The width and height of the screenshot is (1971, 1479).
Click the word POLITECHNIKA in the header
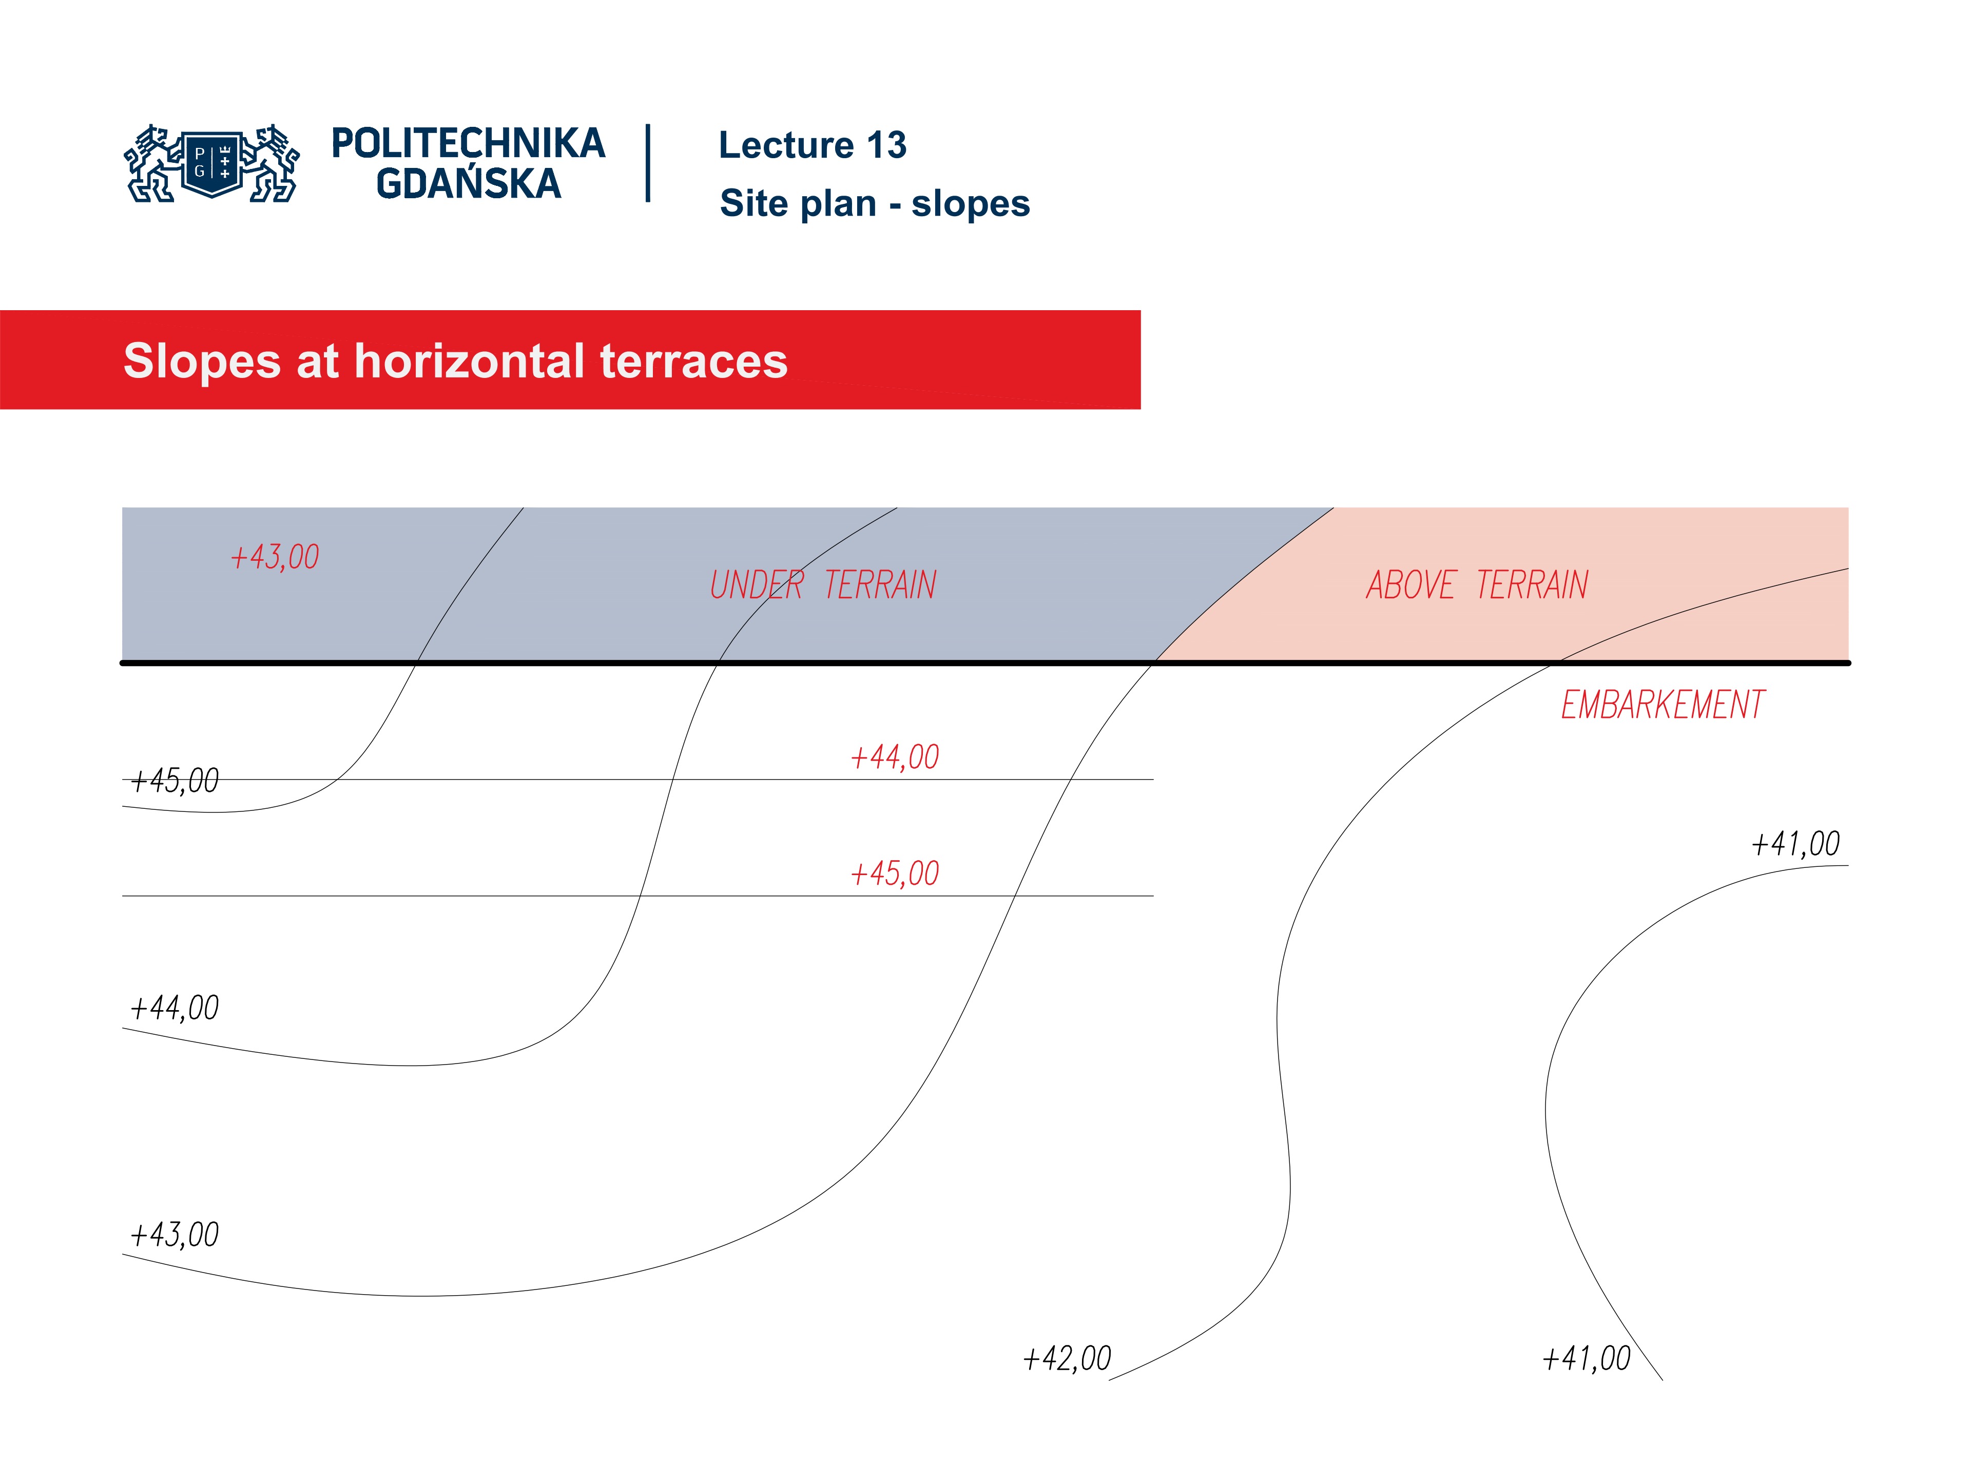coord(468,143)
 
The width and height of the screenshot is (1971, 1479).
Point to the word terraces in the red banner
coord(693,361)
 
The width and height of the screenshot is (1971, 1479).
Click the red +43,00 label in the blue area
coord(275,557)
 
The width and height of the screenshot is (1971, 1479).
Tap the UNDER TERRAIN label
coord(822,586)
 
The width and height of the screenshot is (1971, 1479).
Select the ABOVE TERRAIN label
coord(1477,586)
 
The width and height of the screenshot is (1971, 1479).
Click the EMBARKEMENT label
coord(1662,705)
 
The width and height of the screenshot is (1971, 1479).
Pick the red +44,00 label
coord(895,757)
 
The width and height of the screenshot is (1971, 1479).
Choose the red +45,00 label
coord(895,874)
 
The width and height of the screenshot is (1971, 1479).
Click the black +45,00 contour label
coord(175,781)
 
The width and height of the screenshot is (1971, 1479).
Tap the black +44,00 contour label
coord(175,1008)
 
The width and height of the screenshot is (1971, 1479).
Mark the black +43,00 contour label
coord(175,1235)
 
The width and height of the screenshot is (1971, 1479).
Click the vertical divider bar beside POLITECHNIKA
coord(648,163)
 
